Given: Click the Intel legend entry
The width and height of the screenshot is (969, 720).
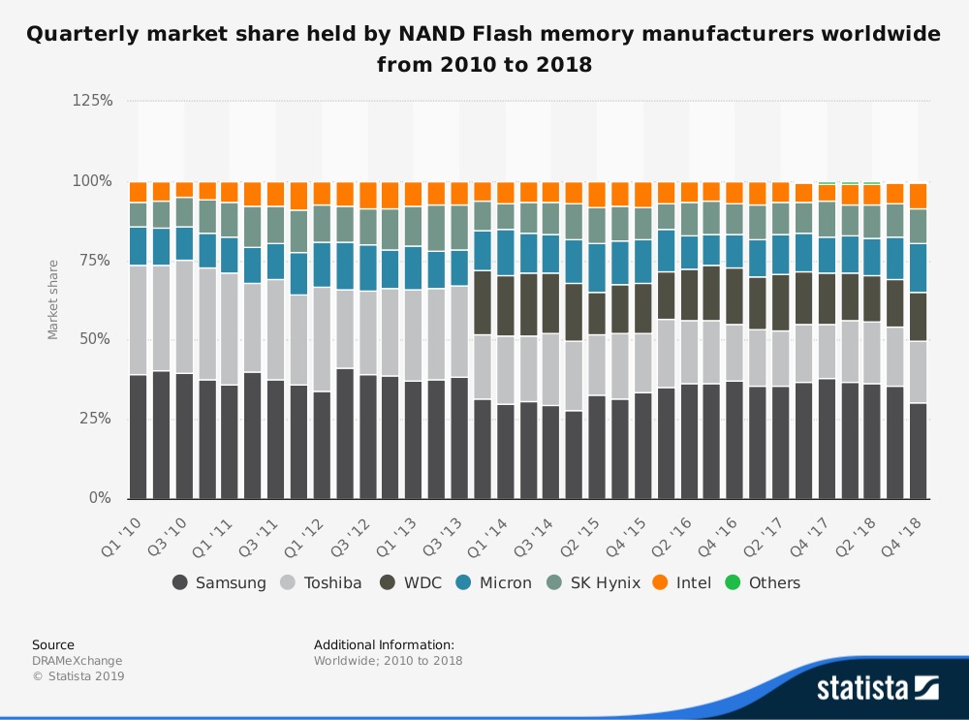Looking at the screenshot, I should coord(682,582).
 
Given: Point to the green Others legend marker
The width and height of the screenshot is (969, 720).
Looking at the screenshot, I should coord(734,582).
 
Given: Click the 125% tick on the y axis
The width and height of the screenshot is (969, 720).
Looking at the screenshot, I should coord(93,101).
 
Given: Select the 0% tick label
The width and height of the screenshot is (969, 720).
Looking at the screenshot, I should coord(101,498).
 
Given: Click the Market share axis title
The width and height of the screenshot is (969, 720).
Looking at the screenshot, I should coord(53,299).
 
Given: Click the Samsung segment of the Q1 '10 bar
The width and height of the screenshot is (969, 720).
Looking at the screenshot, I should coord(138,436).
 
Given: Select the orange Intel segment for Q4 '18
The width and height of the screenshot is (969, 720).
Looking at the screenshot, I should coord(918,196).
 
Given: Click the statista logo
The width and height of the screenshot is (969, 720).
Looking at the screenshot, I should coord(877,687).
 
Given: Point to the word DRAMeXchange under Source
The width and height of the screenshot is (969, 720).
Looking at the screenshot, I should coord(78,661).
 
